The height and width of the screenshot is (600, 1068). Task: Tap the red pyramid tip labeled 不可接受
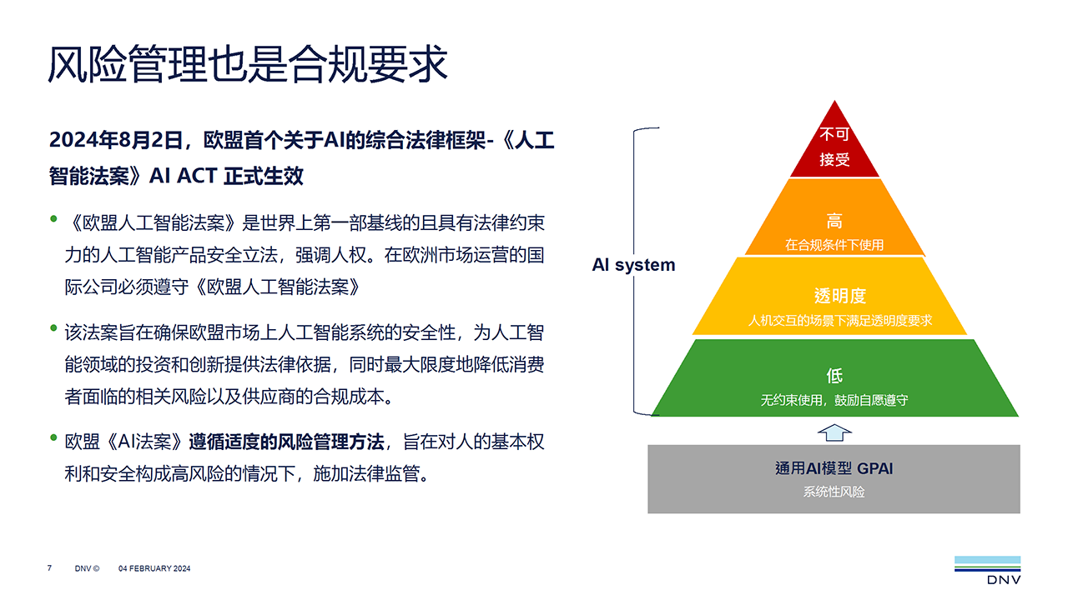coord(834,146)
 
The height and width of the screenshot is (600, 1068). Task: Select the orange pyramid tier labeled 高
coord(834,222)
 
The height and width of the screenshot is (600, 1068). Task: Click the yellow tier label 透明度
coord(840,296)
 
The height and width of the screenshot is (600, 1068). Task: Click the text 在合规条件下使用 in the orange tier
coord(834,245)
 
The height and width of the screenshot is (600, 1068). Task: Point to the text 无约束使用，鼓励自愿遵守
coord(834,400)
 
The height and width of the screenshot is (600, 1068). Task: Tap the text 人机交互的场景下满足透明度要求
coord(840,320)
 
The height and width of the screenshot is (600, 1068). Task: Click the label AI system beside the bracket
coord(633,265)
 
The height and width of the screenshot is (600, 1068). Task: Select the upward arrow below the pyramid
coord(834,431)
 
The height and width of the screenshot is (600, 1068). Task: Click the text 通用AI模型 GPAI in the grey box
coord(834,468)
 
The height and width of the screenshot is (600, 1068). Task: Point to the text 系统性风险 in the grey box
coord(834,492)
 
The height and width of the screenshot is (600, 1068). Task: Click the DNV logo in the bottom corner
coord(987,570)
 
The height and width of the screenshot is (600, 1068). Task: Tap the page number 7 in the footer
coord(49,568)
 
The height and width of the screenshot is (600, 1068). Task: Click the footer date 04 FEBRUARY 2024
coord(154,568)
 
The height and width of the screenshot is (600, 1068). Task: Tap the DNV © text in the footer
coord(87,568)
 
